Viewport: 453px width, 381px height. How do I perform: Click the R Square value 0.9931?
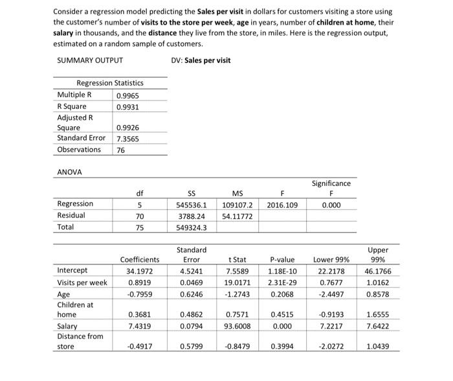tap(127, 106)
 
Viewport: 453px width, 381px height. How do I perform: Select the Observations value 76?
tap(122, 150)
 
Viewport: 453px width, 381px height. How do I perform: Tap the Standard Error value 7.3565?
tap(127, 139)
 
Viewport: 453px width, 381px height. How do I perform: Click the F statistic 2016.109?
tap(282, 204)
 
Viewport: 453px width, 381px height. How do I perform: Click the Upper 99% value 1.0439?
tap(377, 347)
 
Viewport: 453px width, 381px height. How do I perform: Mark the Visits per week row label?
tap(82, 282)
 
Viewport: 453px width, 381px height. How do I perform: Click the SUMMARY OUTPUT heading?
tap(90, 61)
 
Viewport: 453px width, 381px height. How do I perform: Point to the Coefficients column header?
tap(139, 259)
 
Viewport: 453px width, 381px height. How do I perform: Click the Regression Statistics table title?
tap(110, 83)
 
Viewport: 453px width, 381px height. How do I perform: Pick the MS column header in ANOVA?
tap(236, 193)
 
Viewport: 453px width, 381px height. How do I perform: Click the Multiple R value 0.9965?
tap(127, 95)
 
